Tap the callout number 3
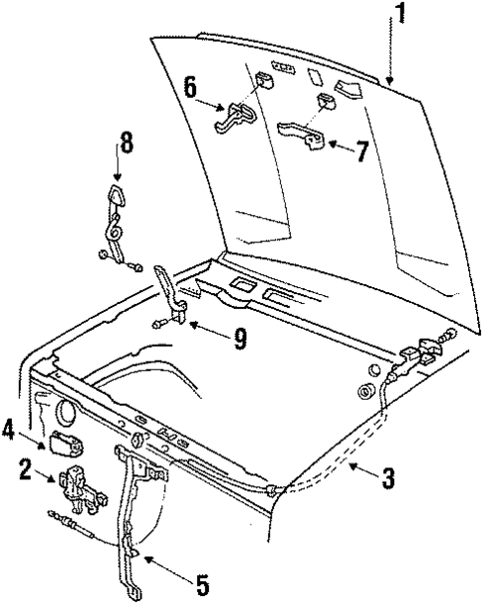[x=388, y=479]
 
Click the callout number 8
[x=125, y=143]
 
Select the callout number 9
[x=239, y=338]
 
